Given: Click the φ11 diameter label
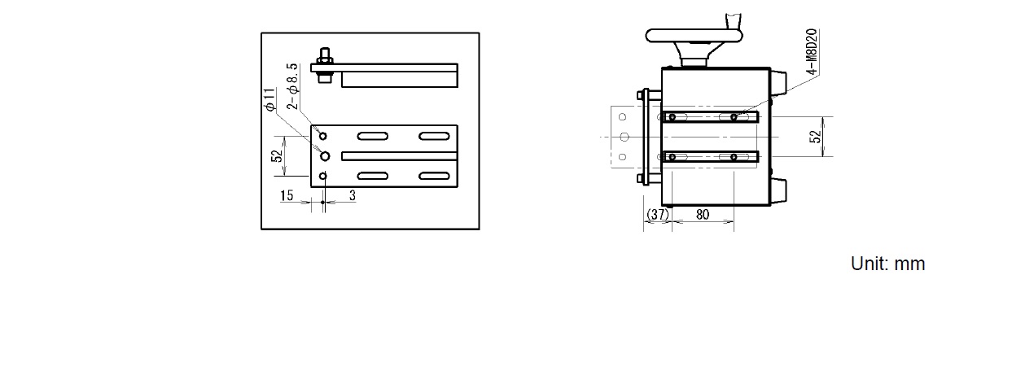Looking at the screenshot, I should coord(270,98).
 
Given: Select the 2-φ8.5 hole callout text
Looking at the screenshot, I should coord(292,85).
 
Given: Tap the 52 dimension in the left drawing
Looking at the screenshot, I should coord(278,155).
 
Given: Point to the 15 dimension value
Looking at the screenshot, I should coord(287,195).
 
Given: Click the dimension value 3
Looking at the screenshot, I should coord(352,195).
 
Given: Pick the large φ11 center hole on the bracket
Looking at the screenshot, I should coord(323,155).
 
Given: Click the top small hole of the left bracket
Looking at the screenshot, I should coord(323,135).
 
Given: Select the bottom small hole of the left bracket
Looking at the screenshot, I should coord(323,176).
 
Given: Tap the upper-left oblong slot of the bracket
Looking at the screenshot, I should coord(374,135).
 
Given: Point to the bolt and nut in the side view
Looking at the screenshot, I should coord(325,66).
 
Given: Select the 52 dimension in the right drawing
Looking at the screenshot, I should coord(815,137).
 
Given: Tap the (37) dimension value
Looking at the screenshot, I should coord(657,214).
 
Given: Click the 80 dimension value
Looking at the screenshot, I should coord(702,214).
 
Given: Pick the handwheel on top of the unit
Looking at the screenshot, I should coord(694,36).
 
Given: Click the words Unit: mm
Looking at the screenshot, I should coord(887,264).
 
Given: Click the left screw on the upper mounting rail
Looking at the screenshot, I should coord(672,118).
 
